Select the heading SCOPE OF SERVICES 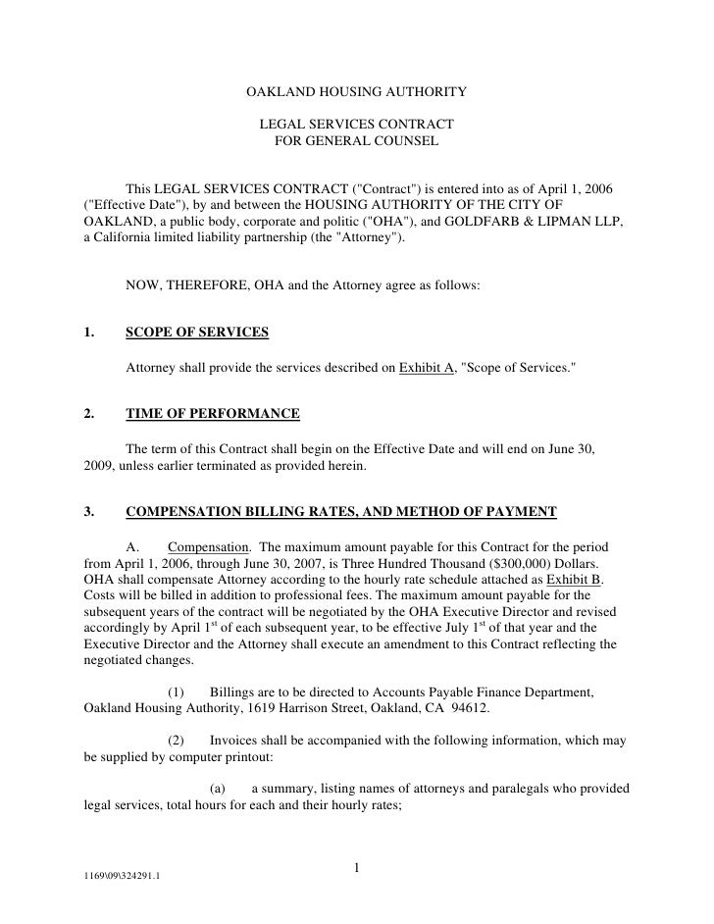[197, 333]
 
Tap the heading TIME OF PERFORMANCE [213, 415]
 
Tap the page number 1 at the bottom [358, 868]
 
